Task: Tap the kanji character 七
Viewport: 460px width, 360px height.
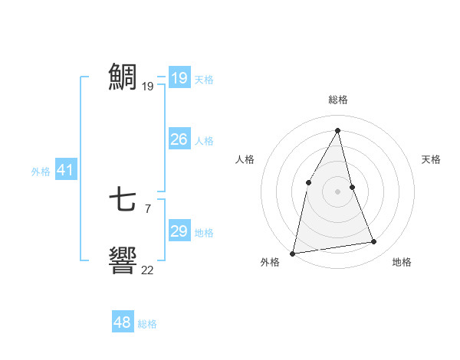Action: click(123, 201)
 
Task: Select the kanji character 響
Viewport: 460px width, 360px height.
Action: click(123, 260)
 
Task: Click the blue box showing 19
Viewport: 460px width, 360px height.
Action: click(179, 78)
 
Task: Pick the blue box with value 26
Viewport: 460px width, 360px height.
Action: click(179, 139)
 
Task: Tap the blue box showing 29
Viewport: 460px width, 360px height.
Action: click(179, 231)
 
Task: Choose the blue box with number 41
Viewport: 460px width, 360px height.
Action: click(65, 170)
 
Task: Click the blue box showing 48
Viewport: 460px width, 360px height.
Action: click(123, 322)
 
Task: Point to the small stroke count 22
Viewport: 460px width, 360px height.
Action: click(147, 270)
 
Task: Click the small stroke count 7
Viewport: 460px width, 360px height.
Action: click(147, 208)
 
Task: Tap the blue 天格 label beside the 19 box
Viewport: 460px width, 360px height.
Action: click(204, 80)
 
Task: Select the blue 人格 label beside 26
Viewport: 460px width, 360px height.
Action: click(204, 141)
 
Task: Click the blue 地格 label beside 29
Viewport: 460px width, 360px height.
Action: click(204, 233)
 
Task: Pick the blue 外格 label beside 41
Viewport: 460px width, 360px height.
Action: click(41, 172)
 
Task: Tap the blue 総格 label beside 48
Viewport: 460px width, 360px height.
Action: click(147, 324)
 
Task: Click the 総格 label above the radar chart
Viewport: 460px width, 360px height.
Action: click(338, 100)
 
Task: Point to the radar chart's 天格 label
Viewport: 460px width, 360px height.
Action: click(431, 159)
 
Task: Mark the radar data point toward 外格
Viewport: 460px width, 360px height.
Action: click(293, 253)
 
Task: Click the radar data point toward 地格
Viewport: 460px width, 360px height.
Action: click(374, 242)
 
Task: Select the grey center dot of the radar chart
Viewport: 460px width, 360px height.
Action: click(338, 191)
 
